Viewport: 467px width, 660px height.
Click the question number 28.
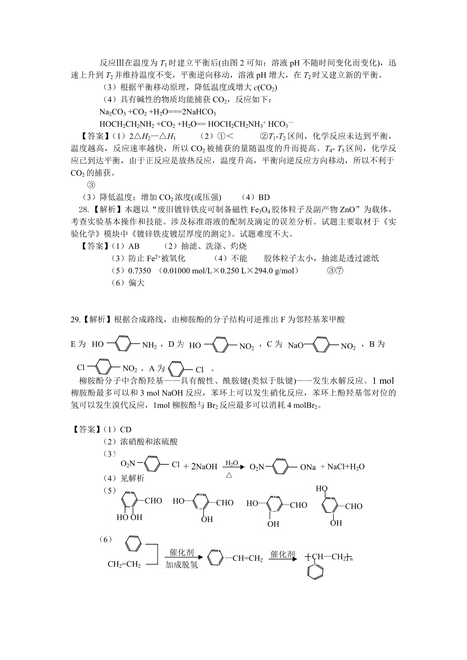coord(83,210)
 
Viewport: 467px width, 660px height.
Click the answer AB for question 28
coord(133,246)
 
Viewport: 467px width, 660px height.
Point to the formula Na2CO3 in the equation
coord(112,112)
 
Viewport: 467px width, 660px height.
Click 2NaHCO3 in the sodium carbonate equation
coord(198,112)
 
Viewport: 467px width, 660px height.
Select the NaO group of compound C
coord(296,346)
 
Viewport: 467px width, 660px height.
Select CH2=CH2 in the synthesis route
coord(124,564)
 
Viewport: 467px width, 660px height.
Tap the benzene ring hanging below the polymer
coord(315,573)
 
